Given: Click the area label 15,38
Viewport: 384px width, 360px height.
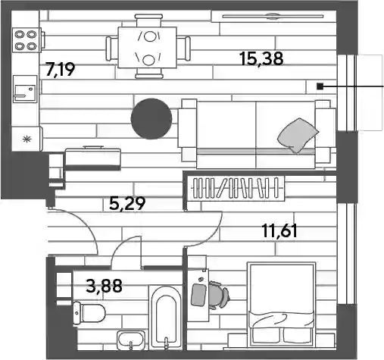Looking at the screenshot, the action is pyautogui.click(x=262, y=58).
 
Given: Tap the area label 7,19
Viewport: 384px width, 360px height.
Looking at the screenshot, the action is pyautogui.click(x=60, y=70).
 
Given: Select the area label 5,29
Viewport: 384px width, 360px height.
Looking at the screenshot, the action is pyautogui.click(x=127, y=204).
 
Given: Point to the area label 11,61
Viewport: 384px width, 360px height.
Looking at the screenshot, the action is pyautogui.click(x=279, y=231).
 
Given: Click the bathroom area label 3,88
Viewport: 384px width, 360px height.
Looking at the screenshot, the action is pyautogui.click(x=104, y=286).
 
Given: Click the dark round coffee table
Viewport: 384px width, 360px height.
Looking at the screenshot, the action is pyautogui.click(x=151, y=118).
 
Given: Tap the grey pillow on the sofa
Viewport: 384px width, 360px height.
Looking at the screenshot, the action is pyautogui.click(x=298, y=135).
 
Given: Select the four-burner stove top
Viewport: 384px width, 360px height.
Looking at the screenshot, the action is pyautogui.click(x=26, y=40).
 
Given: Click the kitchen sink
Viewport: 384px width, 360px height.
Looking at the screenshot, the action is pyautogui.click(x=25, y=89).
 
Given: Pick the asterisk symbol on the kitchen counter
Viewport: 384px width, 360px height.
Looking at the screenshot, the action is pyautogui.click(x=27, y=139).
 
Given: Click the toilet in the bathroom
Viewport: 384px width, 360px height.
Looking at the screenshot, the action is pyautogui.click(x=89, y=313).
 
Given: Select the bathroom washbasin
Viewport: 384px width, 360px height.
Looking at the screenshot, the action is pyautogui.click(x=131, y=340).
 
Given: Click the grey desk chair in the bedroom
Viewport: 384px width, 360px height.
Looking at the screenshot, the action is pyautogui.click(x=218, y=295).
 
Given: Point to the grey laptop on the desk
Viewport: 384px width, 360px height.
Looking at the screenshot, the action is pyautogui.click(x=199, y=295).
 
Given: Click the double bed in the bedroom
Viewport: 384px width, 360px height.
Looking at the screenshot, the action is pyautogui.click(x=282, y=305).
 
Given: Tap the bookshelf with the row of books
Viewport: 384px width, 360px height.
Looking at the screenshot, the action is pyautogui.click(x=236, y=188).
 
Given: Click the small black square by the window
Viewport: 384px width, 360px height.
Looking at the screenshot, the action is pyautogui.click(x=320, y=86).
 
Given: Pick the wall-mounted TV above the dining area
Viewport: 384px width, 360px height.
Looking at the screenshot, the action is pyautogui.click(x=273, y=17).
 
